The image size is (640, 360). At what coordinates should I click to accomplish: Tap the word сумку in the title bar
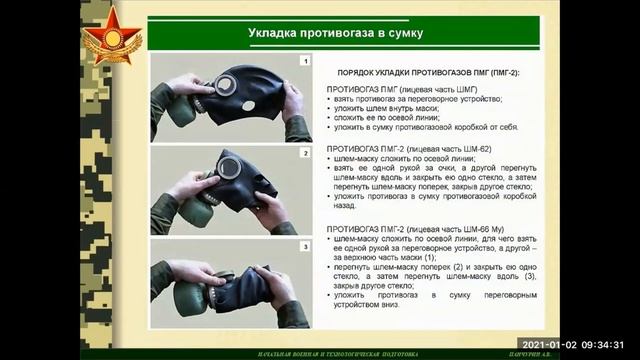400,33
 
